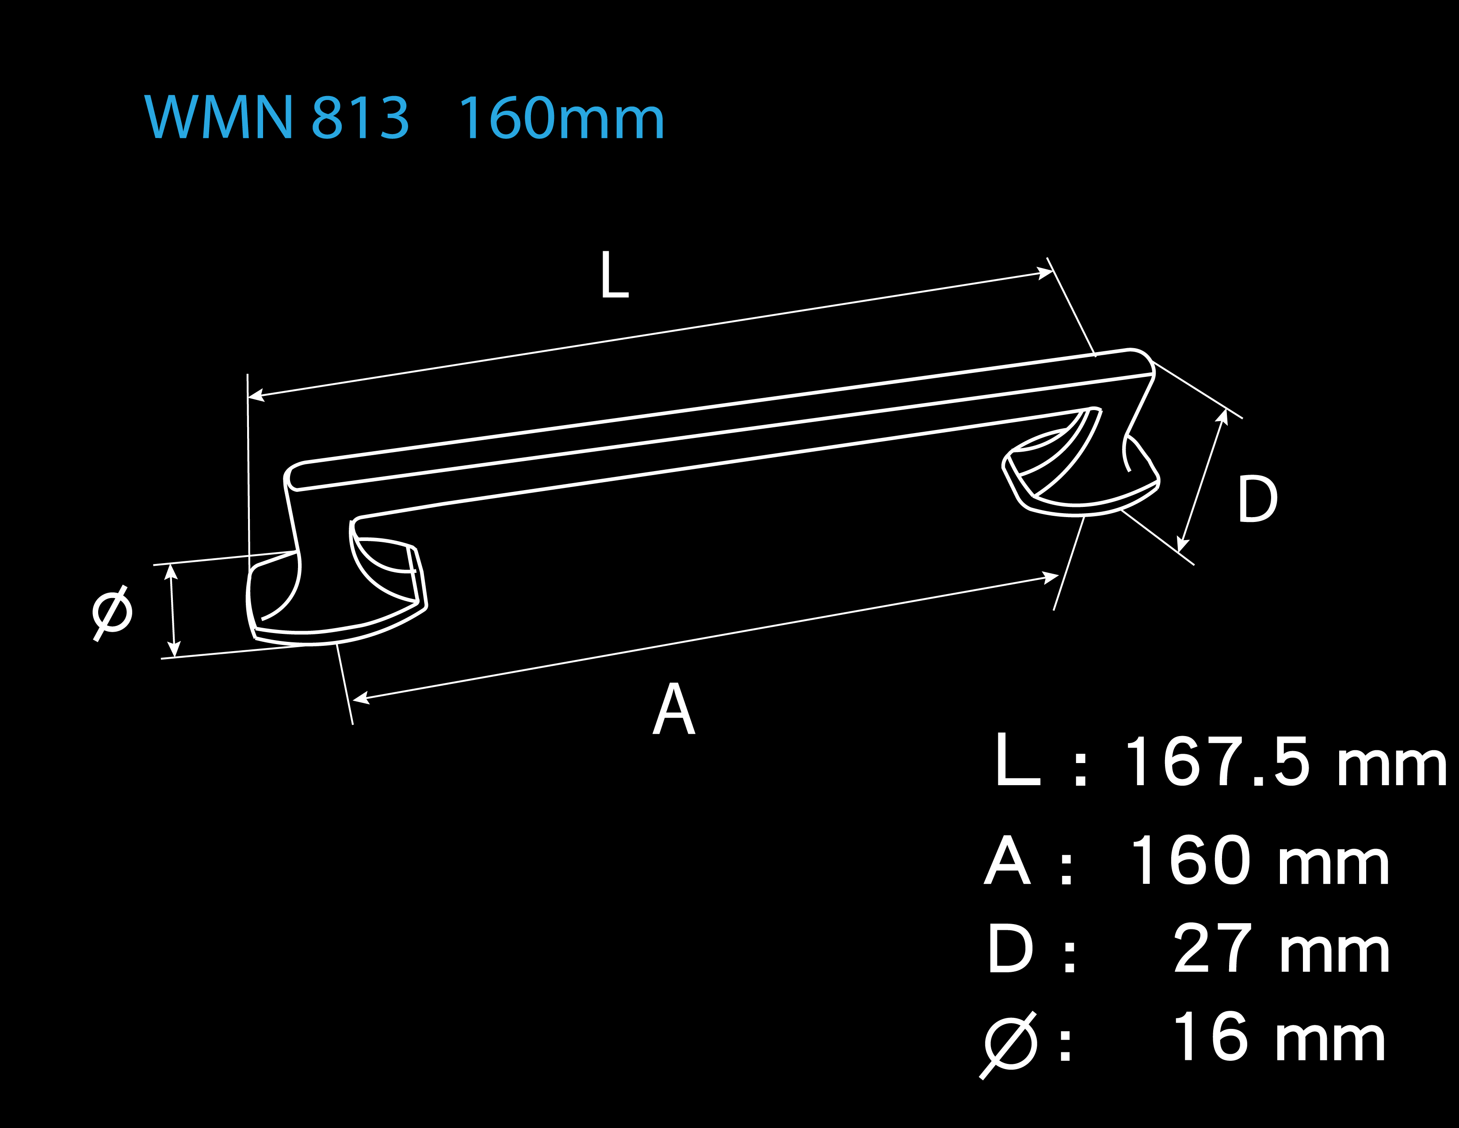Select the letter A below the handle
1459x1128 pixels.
coord(673,708)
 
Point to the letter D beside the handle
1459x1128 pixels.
coord(1257,499)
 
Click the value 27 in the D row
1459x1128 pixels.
coord(1212,948)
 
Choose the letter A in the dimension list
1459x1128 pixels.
coord(1008,861)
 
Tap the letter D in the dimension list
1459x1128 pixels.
coord(1010,948)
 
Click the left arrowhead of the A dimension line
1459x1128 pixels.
coord(361,698)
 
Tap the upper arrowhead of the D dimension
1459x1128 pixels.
coord(1222,416)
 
